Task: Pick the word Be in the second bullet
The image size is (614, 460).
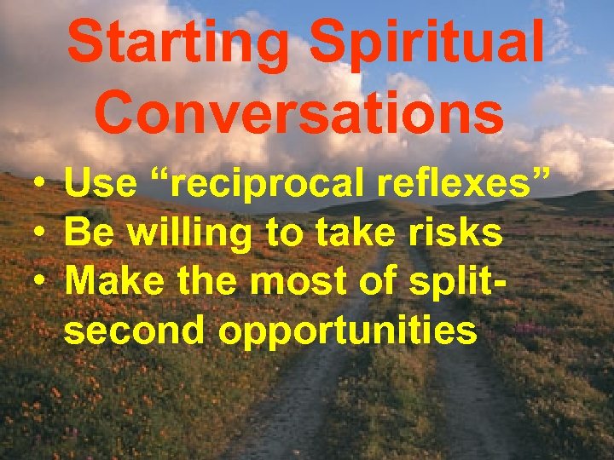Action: point(86,233)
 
